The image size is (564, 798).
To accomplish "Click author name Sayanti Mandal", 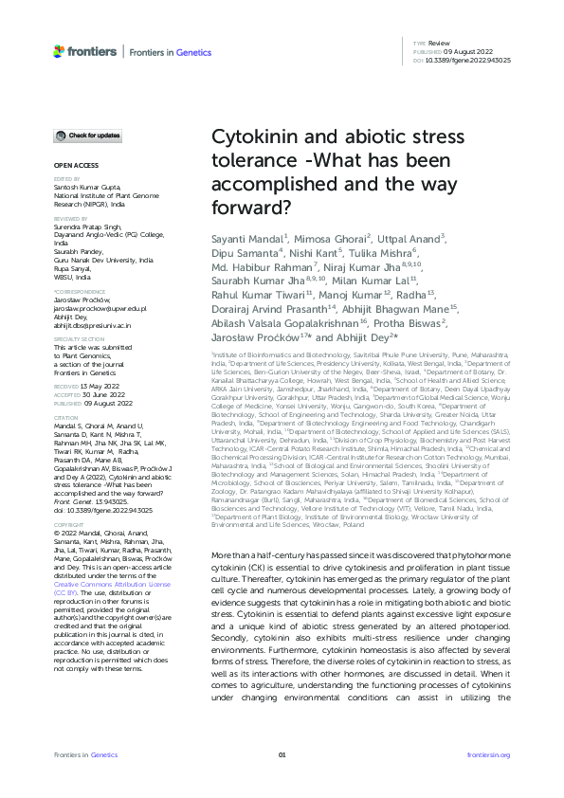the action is [x=248, y=235].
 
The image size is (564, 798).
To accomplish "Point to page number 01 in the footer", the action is [x=282, y=754].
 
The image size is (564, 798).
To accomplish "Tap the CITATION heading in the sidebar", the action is [x=65, y=416].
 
